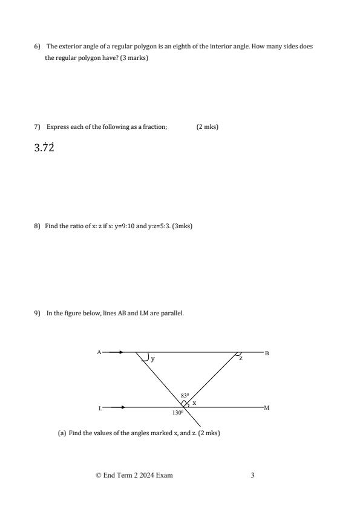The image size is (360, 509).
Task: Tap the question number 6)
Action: (37, 47)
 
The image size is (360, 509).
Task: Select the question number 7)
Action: (37, 126)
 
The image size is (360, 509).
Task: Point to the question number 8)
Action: (37, 226)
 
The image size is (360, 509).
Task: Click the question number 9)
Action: (37, 313)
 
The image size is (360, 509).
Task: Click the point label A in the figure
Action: (99, 352)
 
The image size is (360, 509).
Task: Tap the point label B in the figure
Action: (267, 352)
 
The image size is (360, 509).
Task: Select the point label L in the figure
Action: (100, 408)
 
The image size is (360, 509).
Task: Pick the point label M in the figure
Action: (267, 408)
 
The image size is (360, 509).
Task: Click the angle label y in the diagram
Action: (152, 359)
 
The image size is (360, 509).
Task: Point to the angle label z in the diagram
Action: (240, 359)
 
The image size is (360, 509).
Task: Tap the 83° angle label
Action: (185, 396)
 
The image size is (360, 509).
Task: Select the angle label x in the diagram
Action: (194, 402)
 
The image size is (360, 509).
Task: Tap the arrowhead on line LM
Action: (123, 407)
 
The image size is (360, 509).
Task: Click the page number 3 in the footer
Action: (252, 475)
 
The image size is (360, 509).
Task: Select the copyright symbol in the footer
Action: (99, 475)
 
